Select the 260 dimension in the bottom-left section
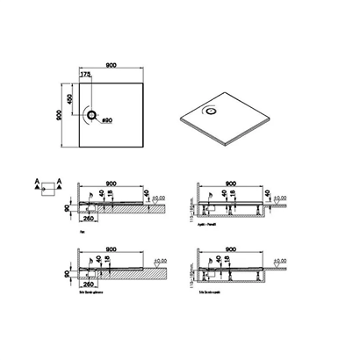[x=90, y=284]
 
